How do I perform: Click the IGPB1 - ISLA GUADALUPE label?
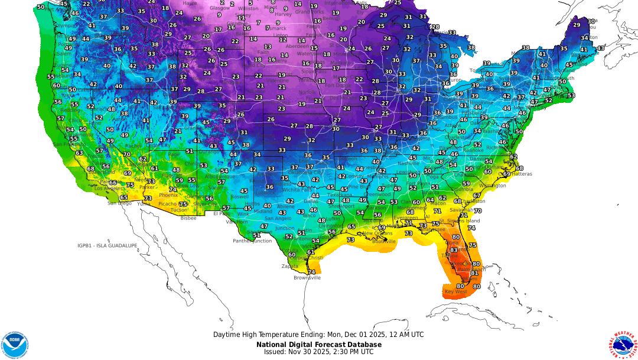click(108, 245)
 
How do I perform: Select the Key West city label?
click(456, 292)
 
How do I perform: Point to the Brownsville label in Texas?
click(307, 277)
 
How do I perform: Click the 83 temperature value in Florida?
click(454, 250)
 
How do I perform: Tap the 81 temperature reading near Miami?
click(474, 273)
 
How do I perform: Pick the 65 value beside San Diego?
click(123, 197)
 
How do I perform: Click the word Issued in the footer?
click(275, 351)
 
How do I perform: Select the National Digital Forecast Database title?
click(319, 344)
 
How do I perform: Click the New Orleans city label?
click(376, 233)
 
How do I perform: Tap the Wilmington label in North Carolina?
click(492, 185)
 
